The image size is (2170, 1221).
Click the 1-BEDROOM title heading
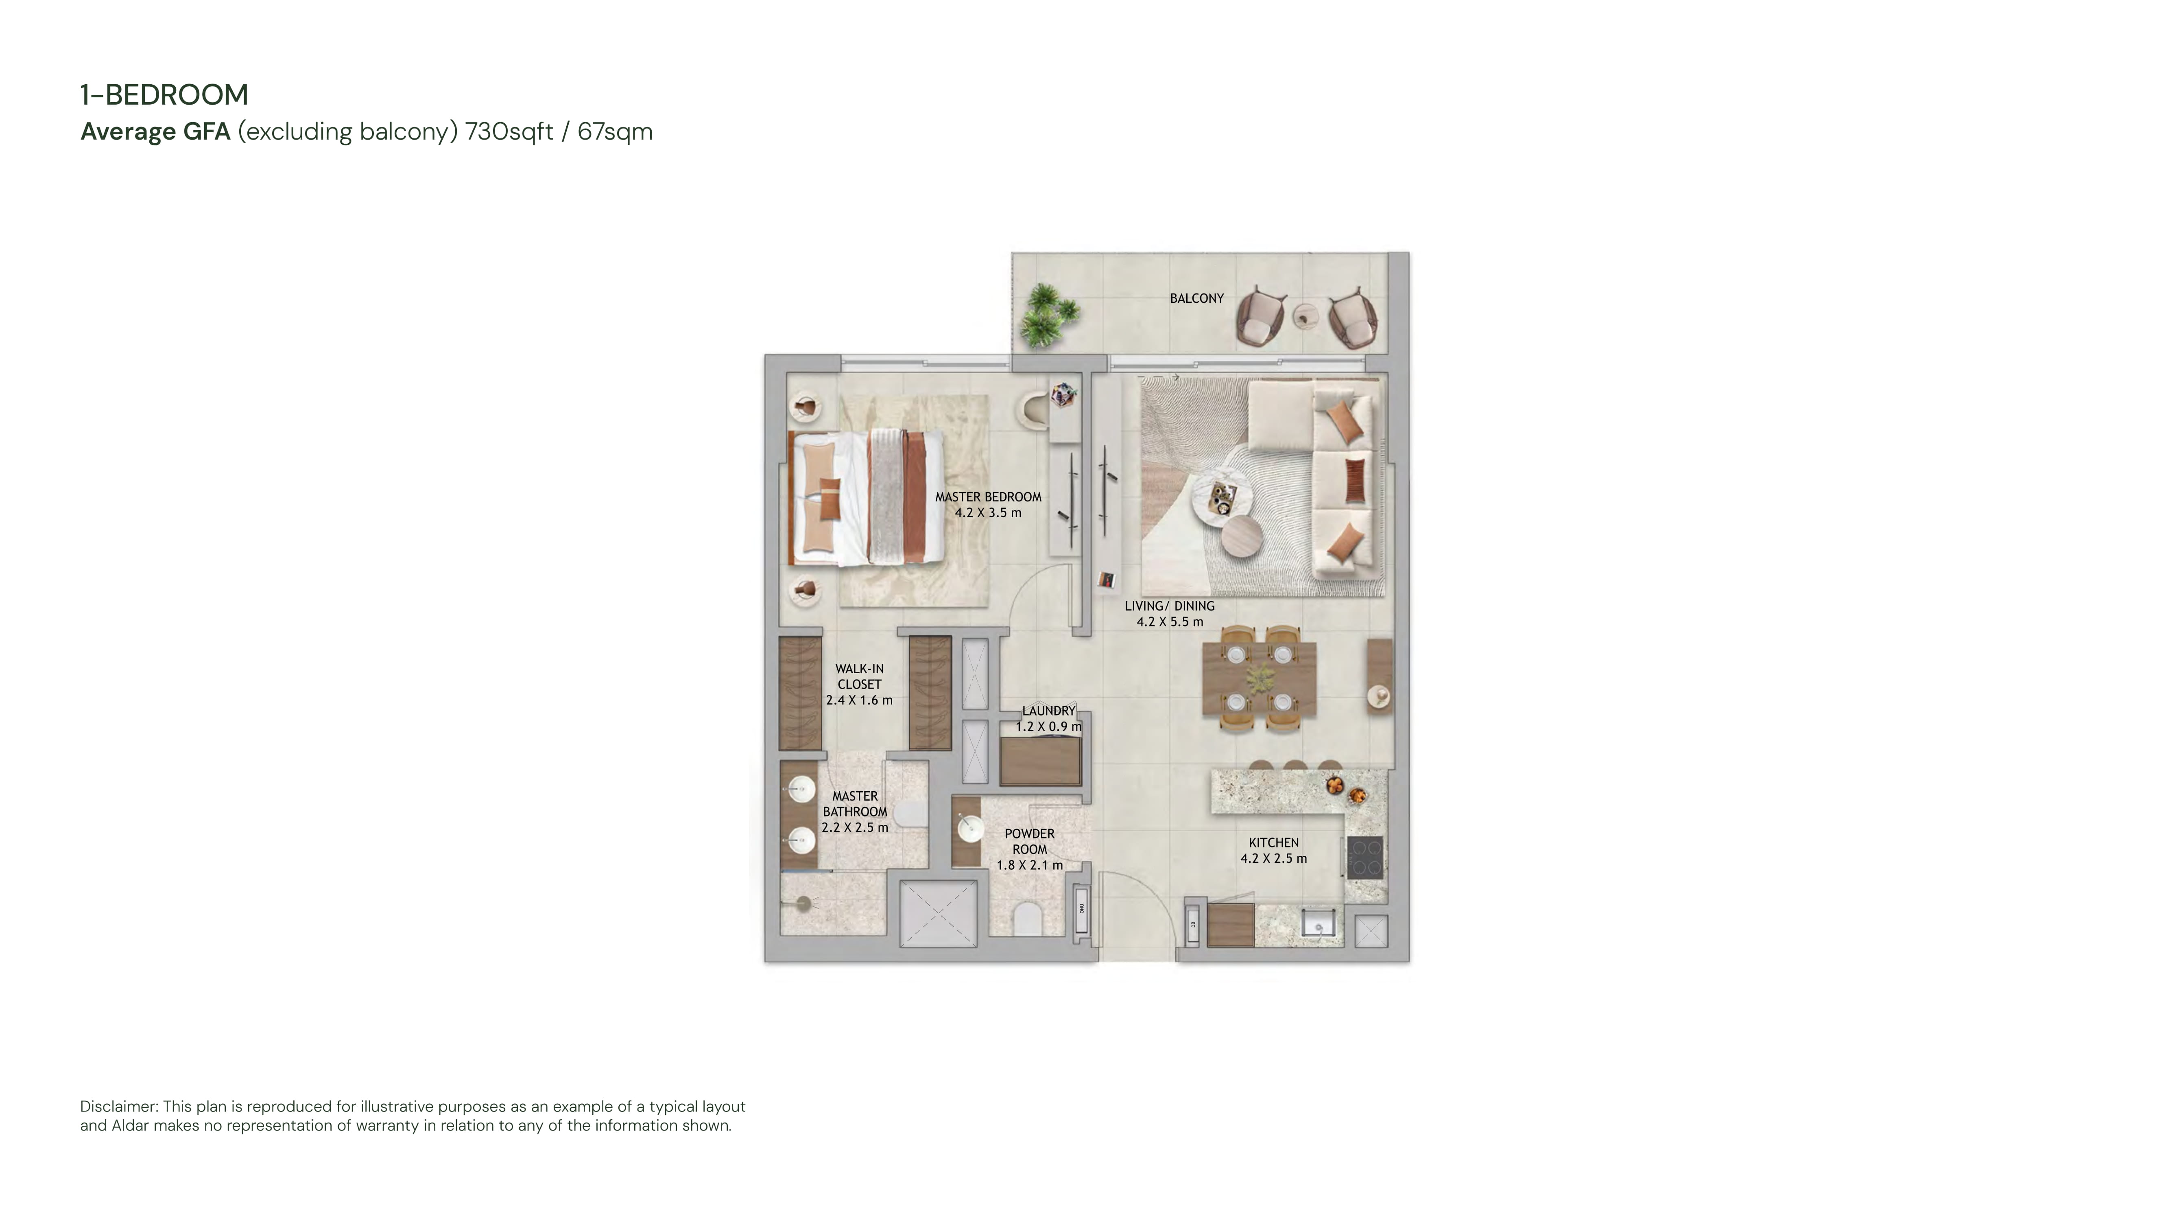point(164,94)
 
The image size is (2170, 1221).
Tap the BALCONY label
point(1196,298)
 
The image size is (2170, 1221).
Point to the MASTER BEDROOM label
point(988,497)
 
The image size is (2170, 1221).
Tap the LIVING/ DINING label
point(1169,606)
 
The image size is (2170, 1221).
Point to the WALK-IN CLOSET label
point(859,677)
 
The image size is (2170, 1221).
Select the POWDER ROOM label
point(1029,842)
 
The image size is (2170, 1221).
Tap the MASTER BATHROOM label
point(855,804)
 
